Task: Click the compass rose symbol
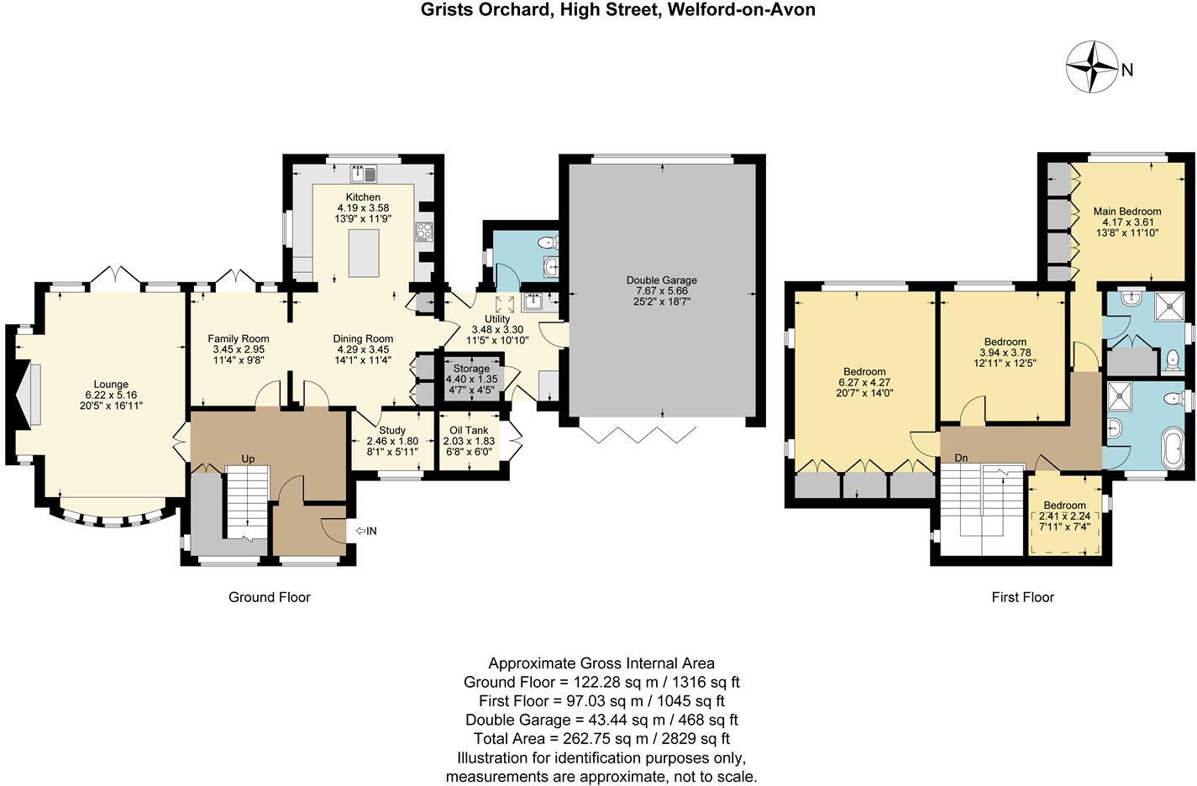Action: click(1091, 66)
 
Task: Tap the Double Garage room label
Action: click(661, 280)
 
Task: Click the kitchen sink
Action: click(364, 174)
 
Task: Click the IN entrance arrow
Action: click(366, 531)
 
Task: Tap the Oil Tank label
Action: click(469, 430)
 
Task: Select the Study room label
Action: click(392, 430)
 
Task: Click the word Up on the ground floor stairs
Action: click(248, 459)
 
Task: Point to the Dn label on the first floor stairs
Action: click(962, 458)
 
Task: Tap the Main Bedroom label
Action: click(1126, 212)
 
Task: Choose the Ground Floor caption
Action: click(270, 597)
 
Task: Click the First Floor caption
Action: click(1022, 597)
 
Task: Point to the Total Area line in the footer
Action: click(601, 739)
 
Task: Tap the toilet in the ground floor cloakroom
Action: click(549, 243)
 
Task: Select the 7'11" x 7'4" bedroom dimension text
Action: click(1065, 527)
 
